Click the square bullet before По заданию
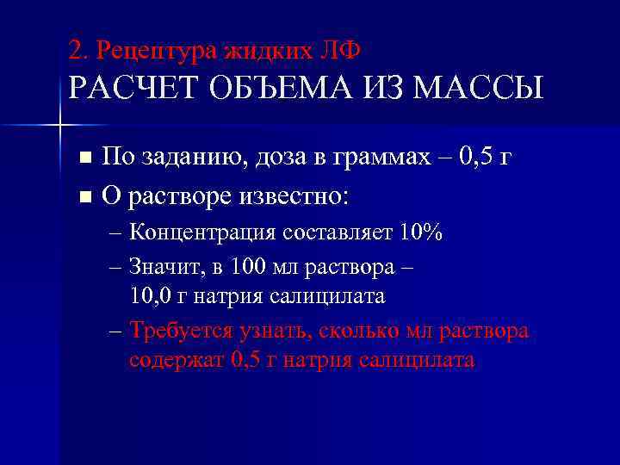point(84,158)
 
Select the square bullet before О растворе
point(84,197)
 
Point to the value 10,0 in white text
point(147,296)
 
